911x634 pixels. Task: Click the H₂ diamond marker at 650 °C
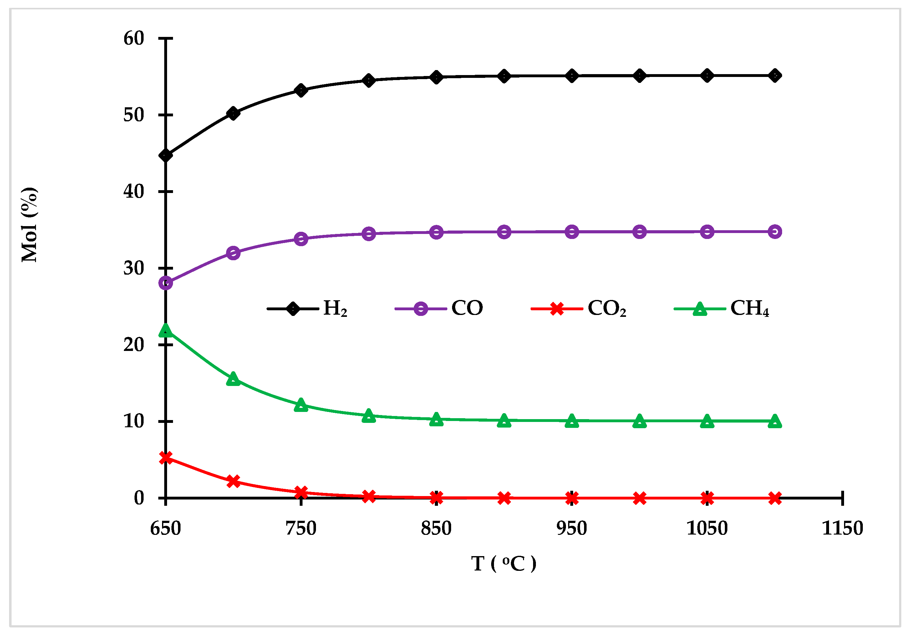tap(165, 155)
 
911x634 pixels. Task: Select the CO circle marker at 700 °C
tap(233, 253)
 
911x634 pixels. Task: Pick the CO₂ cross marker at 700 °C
tap(233, 481)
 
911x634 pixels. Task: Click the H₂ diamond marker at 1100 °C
tap(775, 75)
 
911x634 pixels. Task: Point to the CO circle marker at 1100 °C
tap(775, 232)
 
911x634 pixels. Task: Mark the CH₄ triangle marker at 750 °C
tap(301, 405)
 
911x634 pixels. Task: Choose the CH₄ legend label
tap(750, 308)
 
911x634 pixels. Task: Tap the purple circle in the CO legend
tap(420, 309)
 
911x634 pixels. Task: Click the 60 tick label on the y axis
tap(134, 38)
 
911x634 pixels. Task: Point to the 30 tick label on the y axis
tap(134, 268)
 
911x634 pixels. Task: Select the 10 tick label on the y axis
tap(134, 421)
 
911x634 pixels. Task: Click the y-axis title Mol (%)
tap(29, 225)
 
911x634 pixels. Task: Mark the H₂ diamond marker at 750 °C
tap(301, 90)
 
